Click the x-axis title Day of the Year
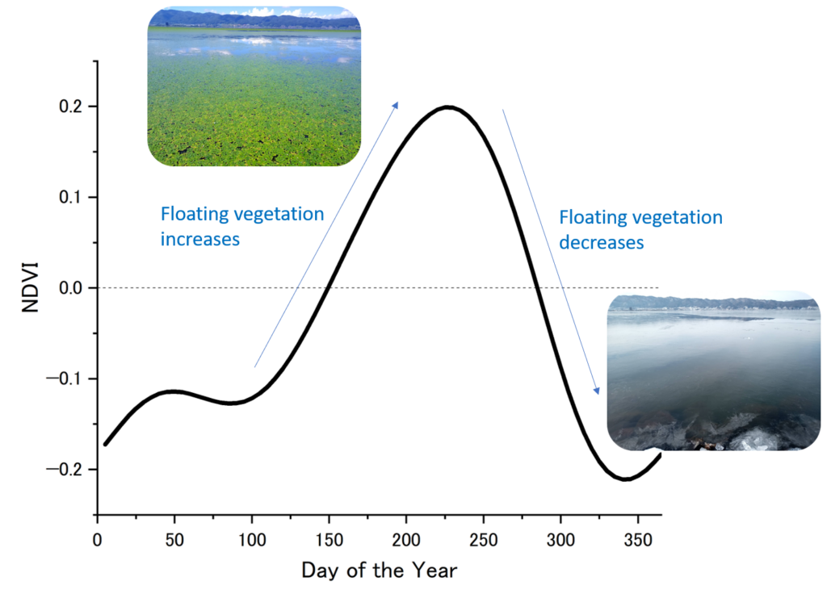380,571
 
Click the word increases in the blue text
200,240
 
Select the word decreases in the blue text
602,242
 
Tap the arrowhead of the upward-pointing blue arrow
396,104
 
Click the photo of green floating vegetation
254,87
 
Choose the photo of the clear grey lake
714,370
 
